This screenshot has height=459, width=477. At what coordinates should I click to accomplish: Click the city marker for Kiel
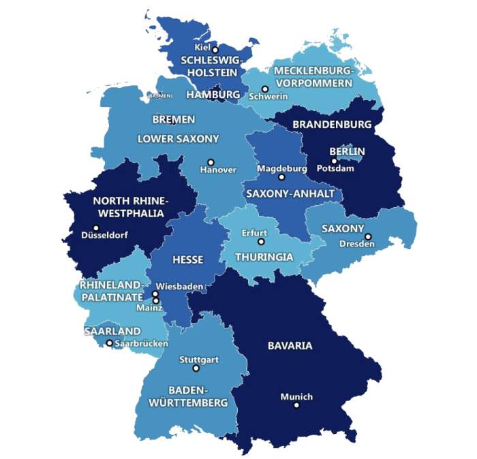point(215,50)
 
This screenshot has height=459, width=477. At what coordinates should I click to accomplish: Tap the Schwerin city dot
point(265,89)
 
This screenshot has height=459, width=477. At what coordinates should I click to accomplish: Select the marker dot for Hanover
point(210,162)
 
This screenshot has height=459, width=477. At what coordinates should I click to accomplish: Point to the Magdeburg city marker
point(281,177)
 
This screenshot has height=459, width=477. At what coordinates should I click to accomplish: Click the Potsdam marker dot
point(334,161)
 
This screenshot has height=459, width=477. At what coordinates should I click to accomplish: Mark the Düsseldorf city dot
point(96,228)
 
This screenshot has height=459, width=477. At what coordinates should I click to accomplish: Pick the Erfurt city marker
point(260,242)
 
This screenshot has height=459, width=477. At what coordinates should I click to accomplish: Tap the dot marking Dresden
point(368,237)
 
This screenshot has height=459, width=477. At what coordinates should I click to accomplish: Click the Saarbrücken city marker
point(109,343)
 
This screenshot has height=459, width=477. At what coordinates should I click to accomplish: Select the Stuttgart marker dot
point(196,368)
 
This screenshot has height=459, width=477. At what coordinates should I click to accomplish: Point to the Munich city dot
point(296,405)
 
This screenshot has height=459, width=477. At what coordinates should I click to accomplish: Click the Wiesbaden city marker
point(155,294)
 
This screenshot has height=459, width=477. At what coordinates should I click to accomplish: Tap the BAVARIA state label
point(290,346)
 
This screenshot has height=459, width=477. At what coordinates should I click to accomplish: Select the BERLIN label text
point(347,151)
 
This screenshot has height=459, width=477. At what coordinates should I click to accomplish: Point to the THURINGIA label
point(264,257)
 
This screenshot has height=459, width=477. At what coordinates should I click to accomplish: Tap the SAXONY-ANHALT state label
point(290,194)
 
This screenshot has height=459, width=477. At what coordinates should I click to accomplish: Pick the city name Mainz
point(149,308)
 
